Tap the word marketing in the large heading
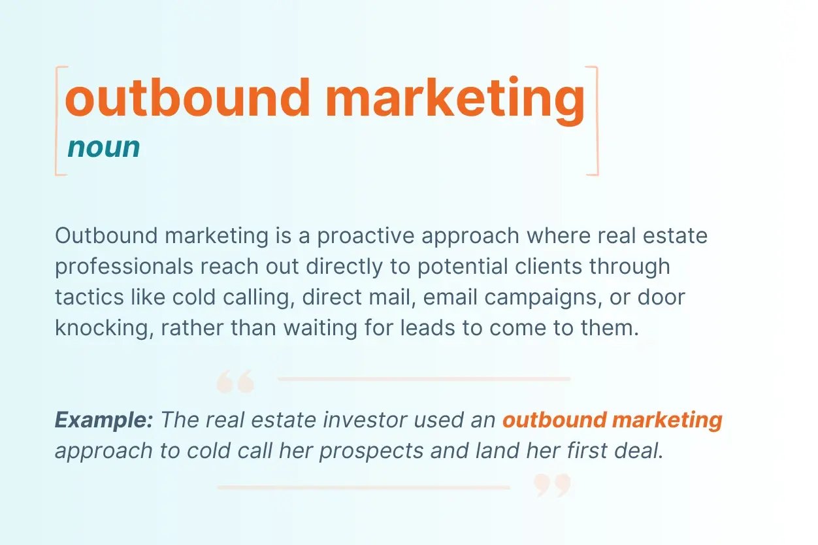tap(455, 98)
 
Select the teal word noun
tap(104, 148)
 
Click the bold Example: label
tap(104, 420)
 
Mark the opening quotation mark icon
tap(235, 382)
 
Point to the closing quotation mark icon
tap(553, 485)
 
